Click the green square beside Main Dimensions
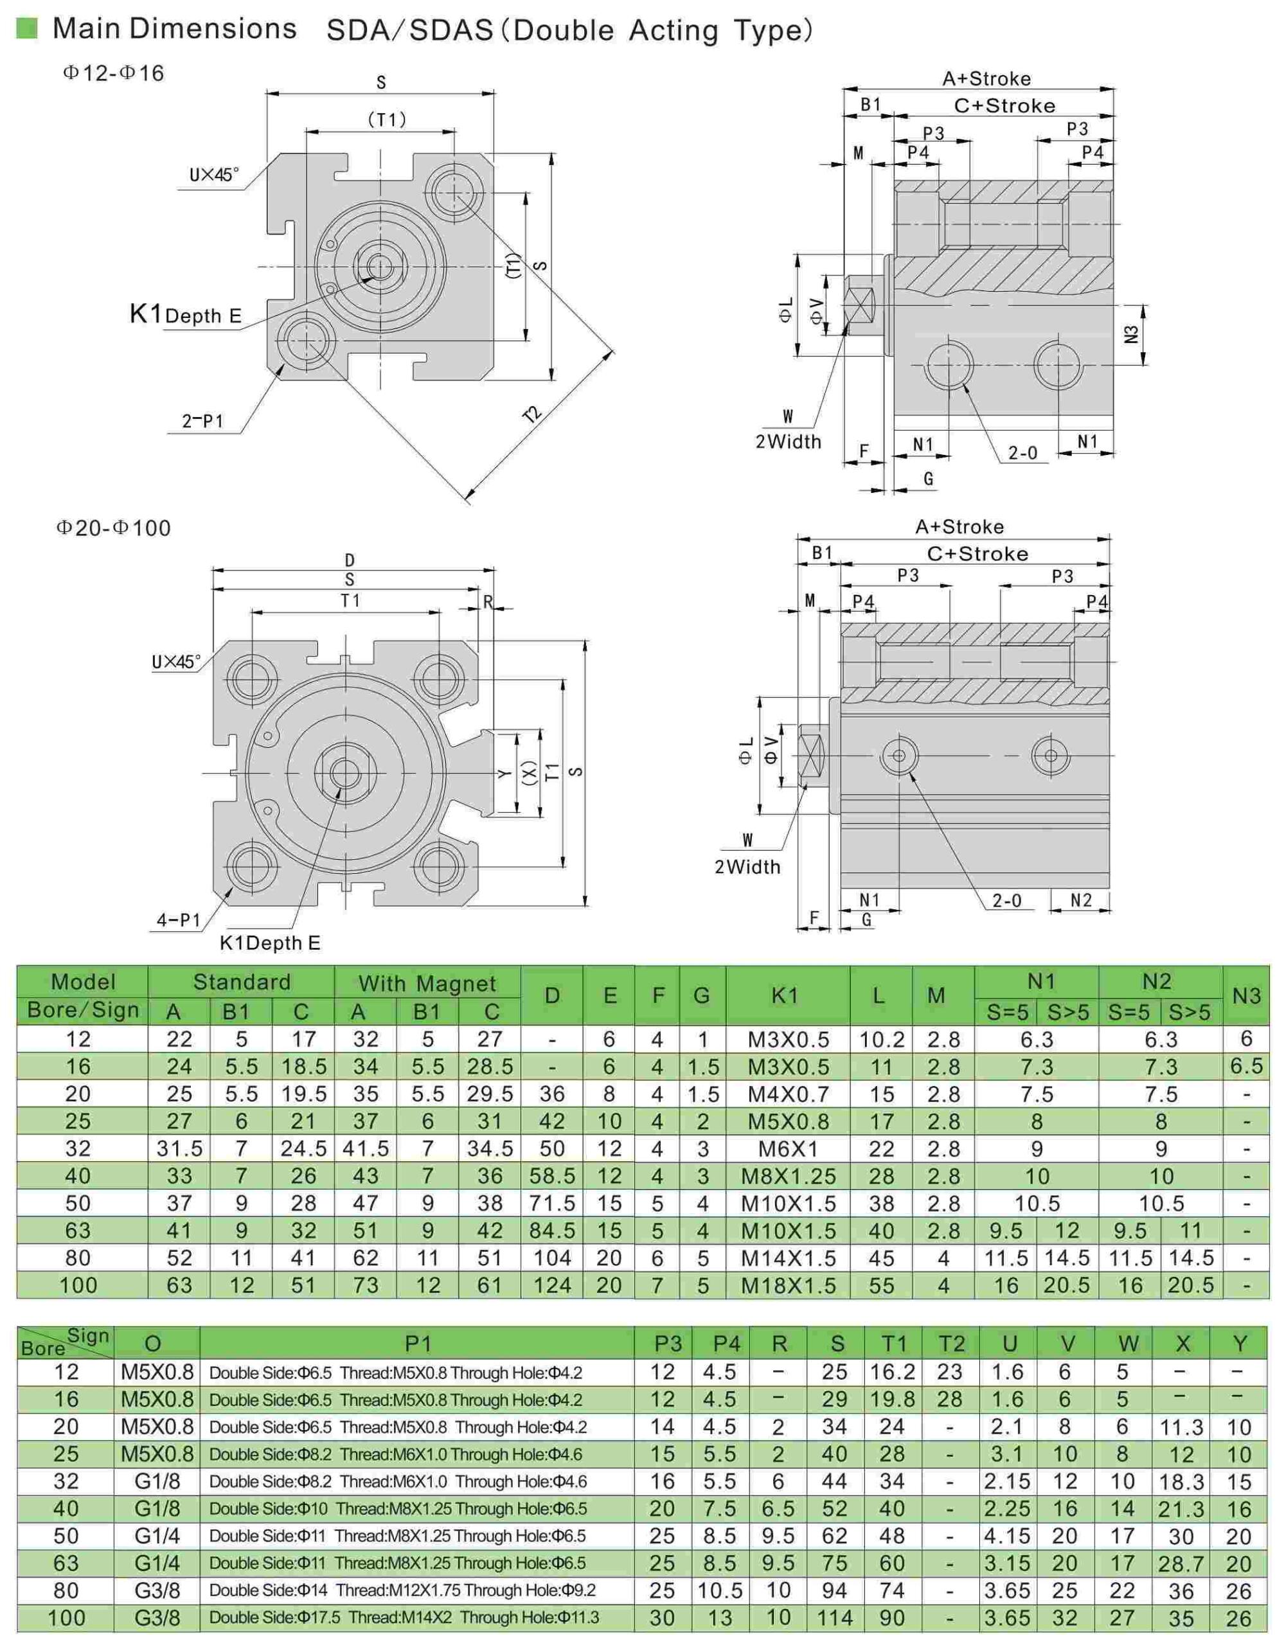pos(26,29)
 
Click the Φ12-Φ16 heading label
pos(113,73)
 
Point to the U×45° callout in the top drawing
pos(214,175)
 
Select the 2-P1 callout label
pos(202,420)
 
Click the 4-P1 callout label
pos(179,920)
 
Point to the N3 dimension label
pos(1130,333)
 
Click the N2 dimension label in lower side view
pos(1081,900)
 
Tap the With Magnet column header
pos(427,983)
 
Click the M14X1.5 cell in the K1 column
pos(789,1258)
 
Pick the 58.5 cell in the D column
pos(552,1176)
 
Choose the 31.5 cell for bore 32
pos(179,1149)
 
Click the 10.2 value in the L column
pos(881,1040)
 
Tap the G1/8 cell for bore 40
pos(157,1509)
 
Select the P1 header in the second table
pos(418,1344)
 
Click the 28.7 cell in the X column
pos(1181,1563)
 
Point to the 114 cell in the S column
pos(836,1618)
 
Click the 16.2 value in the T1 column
pos(893,1372)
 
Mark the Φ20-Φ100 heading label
pos(113,528)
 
